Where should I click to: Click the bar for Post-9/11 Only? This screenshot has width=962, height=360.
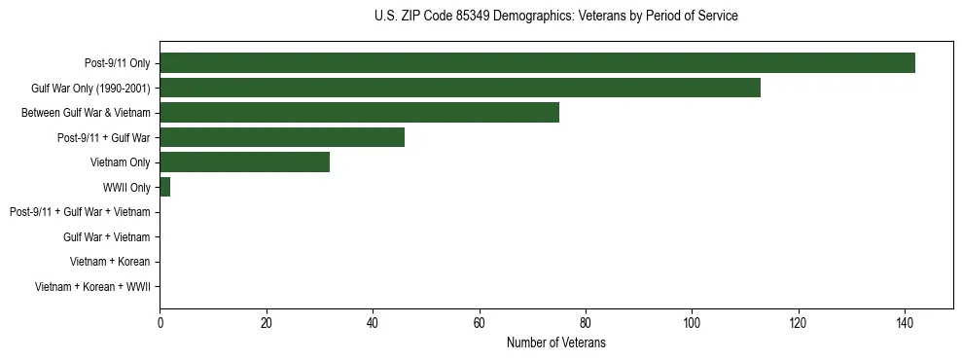[537, 63]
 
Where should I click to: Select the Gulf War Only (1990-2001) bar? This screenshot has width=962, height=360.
[460, 88]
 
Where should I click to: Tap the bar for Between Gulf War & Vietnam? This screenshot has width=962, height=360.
[359, 113]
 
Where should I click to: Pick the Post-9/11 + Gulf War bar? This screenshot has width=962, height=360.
[282, 137]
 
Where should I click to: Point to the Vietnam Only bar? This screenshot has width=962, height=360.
[245, 162]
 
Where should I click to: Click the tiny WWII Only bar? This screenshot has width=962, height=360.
[164, 187]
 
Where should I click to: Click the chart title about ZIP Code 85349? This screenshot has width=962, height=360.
[555, 17]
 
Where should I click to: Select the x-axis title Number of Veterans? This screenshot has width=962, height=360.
[555, 342]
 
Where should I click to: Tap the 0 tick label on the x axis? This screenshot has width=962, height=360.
[160, 323]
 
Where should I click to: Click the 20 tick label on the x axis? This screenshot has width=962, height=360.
[267, 323]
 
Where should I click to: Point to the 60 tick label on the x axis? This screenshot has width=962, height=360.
[479, 323]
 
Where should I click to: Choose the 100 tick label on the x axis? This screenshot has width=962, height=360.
[692, 323]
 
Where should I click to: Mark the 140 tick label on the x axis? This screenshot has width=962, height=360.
[905, 323]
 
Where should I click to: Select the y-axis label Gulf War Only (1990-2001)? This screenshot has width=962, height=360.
[90, 89]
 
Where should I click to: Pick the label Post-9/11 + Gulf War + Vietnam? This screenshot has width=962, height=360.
[80, 212]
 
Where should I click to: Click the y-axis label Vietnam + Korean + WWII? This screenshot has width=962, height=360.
[92, 286]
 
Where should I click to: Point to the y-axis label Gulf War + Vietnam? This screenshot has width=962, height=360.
[106, 236]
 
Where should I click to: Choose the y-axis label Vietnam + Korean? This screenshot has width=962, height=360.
[110, 262]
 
